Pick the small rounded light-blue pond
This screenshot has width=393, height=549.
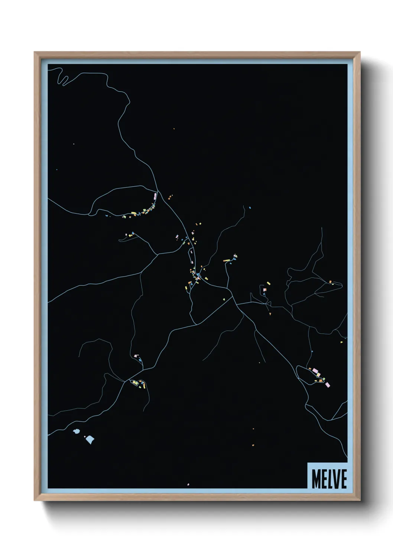[x=77, y=432]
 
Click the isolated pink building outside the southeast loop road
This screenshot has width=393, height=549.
[x=327, y=385]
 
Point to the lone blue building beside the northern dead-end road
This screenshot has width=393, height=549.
[x=250, y=207]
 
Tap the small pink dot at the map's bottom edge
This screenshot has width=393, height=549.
[x=188, y=484]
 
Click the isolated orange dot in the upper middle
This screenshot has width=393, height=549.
[x=173, y=129]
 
